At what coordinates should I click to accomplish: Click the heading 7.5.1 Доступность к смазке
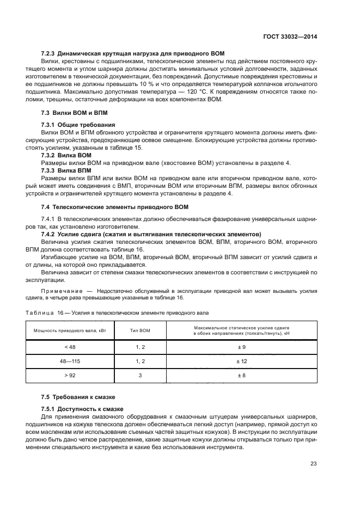point(82,409)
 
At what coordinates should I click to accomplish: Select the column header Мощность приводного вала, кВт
point(63,330)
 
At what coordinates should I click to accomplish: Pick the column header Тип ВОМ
point(140,330)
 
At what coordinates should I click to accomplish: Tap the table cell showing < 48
point(63,346)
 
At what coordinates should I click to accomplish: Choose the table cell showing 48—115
point(63,361)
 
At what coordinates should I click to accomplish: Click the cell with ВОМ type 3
point(140,376)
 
